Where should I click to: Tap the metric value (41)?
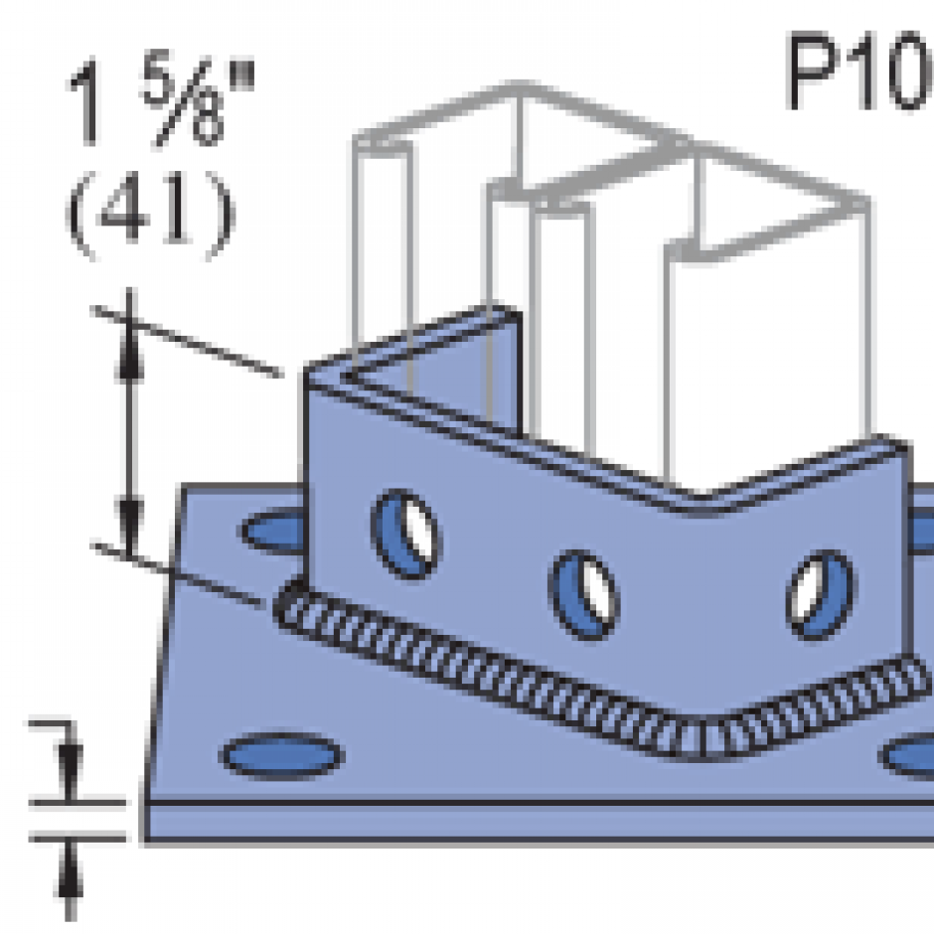click(151, 213)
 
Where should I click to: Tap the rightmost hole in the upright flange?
click(820, 595)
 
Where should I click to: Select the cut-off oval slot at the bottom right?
click(909, 757)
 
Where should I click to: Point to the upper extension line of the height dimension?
click(189, 342)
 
